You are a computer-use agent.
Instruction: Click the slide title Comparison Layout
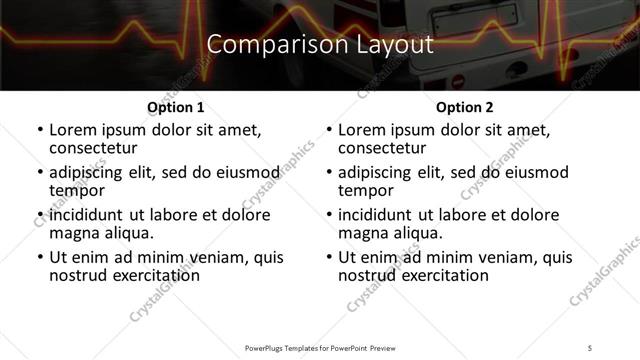coord(320,44)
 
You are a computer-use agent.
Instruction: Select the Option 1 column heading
coord(175,106)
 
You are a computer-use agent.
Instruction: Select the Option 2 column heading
coord(464,106)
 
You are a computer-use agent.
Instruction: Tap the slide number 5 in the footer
coord(591,348)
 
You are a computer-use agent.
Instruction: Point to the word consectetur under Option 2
coord(383,148)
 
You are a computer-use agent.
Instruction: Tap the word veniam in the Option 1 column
coord(192,257)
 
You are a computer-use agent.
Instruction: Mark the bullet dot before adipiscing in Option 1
coord(39,173)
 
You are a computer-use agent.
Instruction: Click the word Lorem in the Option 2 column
coord(362,130)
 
